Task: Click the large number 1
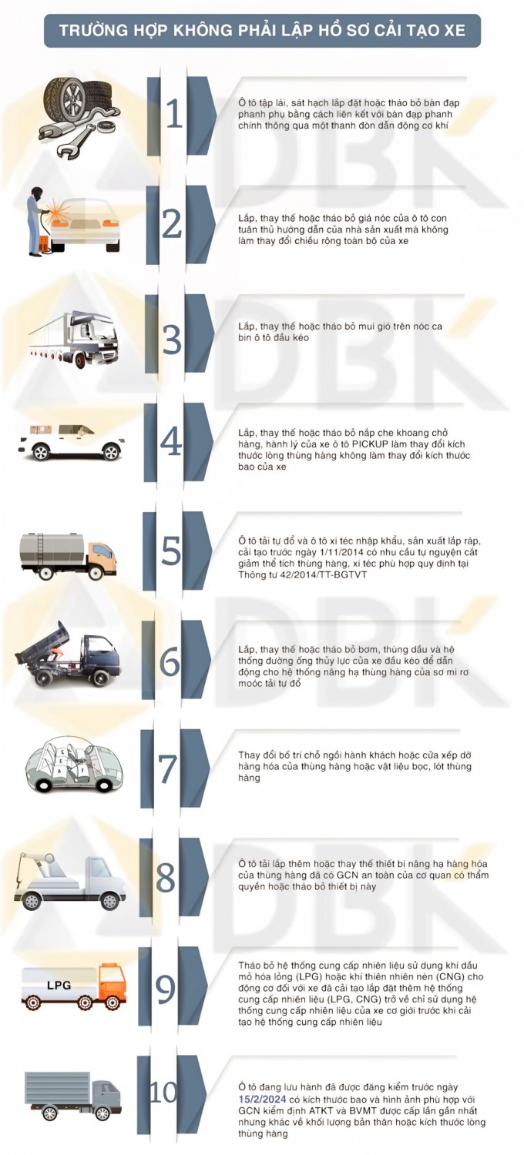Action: click(174, 114)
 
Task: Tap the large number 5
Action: click(171, 551)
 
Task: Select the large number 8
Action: click(166, 878)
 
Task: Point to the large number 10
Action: click(163, 1092)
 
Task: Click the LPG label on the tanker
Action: click(59, 986)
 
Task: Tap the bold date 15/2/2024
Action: click(262, 1099)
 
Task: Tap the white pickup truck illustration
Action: click(72, 443)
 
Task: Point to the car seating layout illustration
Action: click(75, 764)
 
